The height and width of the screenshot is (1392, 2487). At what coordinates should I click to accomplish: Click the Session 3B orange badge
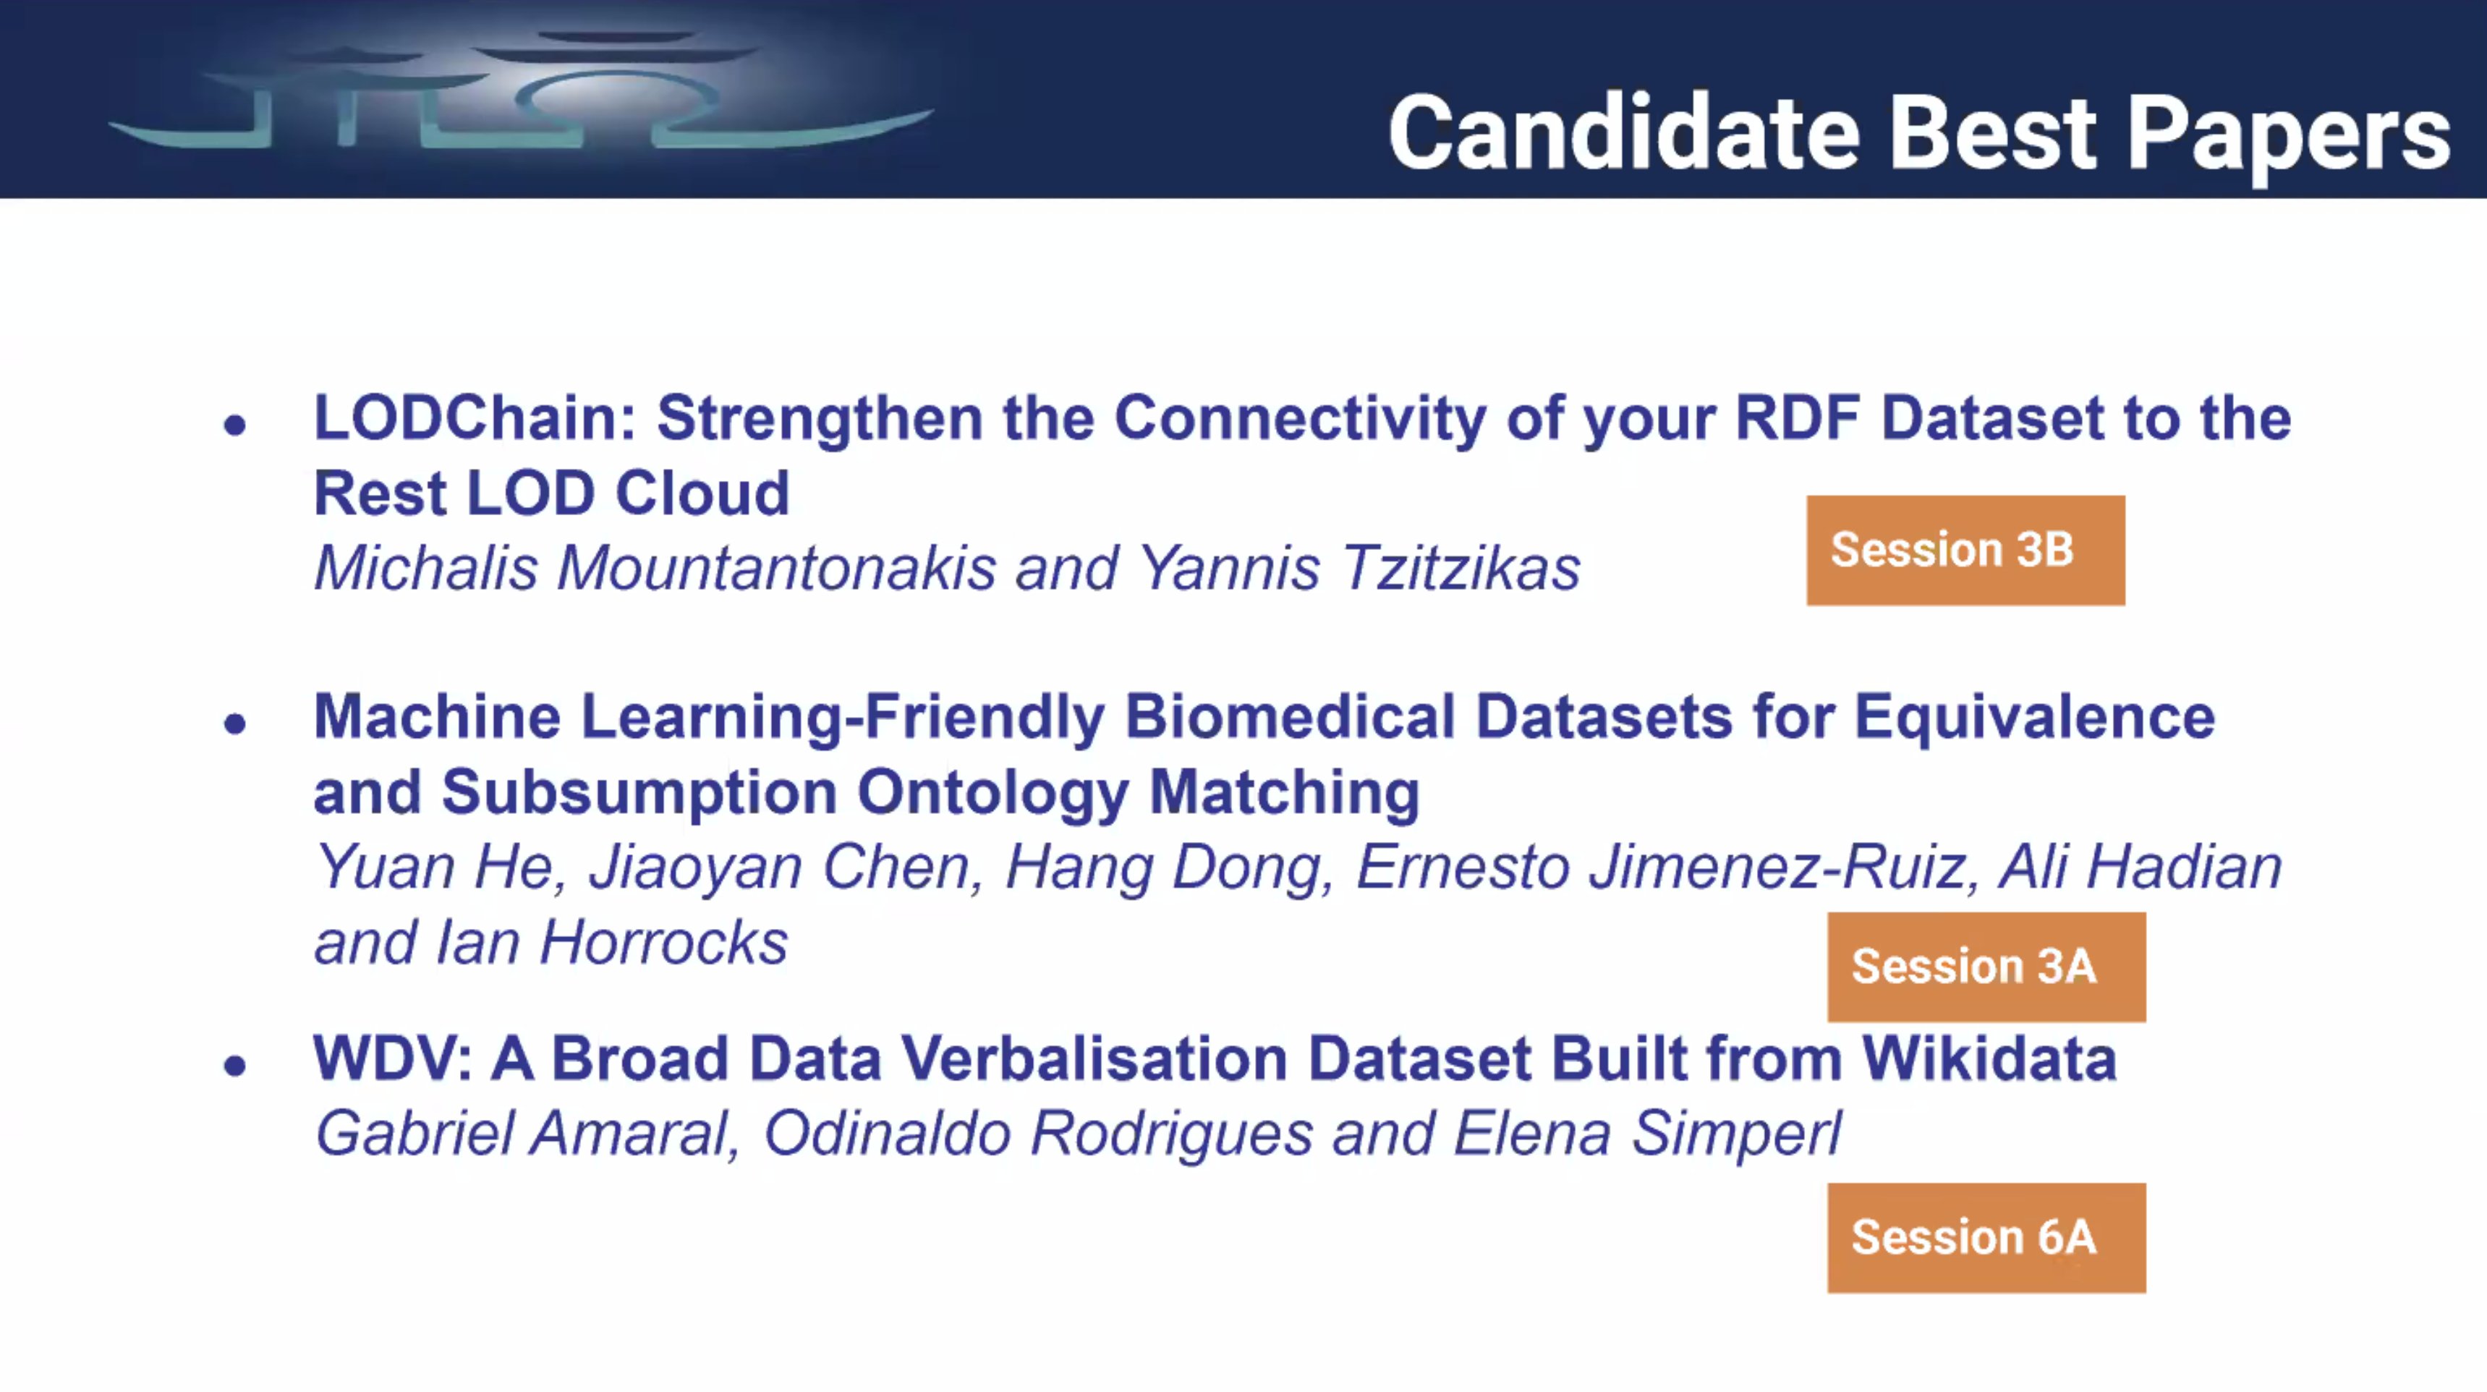click(x=1965, y=551)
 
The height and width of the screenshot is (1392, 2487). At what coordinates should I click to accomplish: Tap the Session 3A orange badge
click(x=1986, y=967)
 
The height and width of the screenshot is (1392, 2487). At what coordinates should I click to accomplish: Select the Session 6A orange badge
click(x=1986, y=1238)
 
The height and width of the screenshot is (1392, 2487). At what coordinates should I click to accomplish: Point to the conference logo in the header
click(x=522, y=92)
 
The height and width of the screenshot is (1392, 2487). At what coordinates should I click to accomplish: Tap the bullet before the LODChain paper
click(x=234, y=424)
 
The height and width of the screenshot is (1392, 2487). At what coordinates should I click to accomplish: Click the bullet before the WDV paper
click(x=234, y=1065)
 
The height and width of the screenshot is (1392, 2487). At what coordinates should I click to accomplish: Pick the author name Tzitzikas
click(x=1461, y=568)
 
